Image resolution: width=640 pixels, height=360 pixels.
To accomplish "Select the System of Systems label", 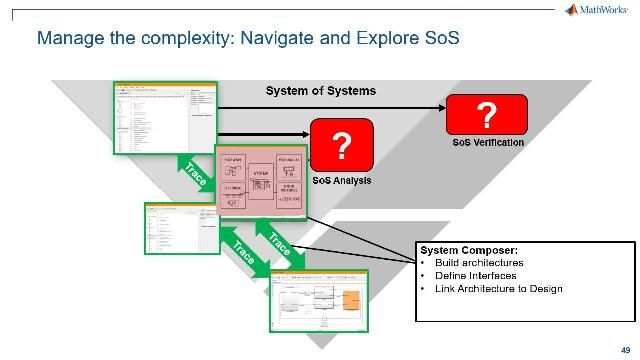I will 320,91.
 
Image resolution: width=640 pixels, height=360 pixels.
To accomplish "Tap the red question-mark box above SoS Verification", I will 486,115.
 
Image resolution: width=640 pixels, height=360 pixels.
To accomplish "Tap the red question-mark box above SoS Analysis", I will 341,146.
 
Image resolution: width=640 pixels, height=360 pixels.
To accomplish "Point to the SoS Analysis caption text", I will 341,180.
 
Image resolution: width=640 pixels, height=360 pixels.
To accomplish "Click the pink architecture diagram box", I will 260,179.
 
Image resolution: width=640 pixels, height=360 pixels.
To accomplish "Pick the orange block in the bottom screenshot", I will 353,299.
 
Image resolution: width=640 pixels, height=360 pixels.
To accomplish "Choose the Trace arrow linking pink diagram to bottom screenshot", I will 276,243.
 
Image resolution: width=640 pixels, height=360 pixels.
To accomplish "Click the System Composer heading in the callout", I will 462,250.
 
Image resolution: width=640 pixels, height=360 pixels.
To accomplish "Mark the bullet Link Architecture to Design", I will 498,289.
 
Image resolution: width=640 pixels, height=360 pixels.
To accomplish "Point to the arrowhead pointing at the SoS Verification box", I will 439,108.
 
